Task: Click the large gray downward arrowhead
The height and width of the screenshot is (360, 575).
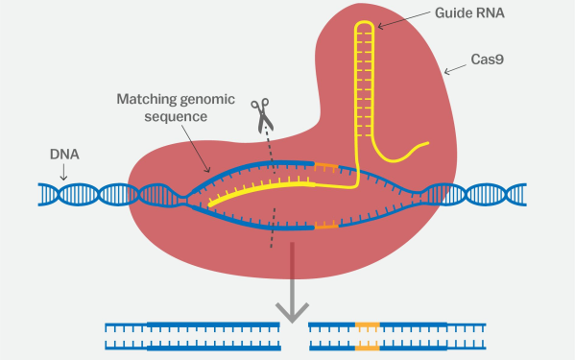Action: coord(292,309)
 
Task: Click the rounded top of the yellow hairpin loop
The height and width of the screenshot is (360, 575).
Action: coord(364,23)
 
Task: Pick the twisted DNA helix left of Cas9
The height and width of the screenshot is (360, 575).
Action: coord(82,195)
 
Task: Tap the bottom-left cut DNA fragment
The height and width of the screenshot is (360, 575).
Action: coord(192,333)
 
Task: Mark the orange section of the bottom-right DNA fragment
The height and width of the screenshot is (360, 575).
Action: coord(367,333)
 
